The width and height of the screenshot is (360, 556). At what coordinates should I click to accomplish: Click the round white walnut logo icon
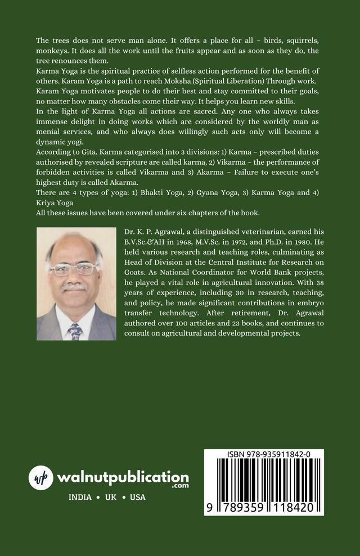pos(41,478)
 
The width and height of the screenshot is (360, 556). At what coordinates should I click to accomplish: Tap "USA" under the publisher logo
pos(137,498)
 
